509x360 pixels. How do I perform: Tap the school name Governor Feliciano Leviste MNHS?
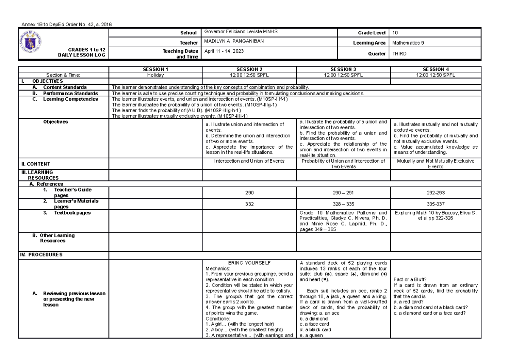(x=241, y=32)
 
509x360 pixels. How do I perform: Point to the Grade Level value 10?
(x=395, y=32)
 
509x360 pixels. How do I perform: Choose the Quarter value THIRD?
(x=400, y=53)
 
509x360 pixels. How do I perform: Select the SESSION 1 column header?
(x=156, y=69)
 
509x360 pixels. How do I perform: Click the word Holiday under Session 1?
(x=156, y=74)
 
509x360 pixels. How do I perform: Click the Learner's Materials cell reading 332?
(x=249, y=204)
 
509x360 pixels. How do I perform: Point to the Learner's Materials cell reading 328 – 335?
(x=343, y=204)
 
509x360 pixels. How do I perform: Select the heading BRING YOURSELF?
(x=249, y=263)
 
